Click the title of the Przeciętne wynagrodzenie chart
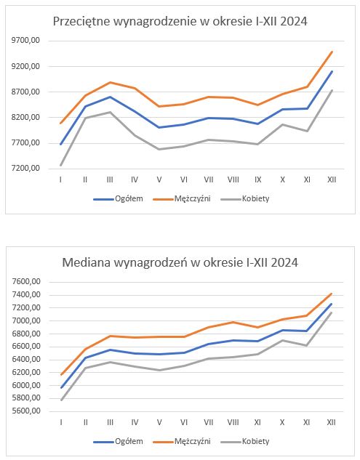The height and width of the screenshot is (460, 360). [180, 22]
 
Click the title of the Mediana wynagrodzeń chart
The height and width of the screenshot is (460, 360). [180, 262]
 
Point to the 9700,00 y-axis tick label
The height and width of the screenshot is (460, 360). [25, 41]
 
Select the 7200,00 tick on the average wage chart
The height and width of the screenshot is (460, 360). [25, 169]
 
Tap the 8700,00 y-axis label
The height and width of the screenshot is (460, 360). [25, 92]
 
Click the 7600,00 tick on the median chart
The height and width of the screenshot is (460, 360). [26, 282]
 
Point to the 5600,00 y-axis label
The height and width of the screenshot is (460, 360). [26, 411]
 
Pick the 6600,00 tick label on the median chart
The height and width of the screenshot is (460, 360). [26, 346]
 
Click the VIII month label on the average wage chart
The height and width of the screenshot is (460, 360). [233, 179]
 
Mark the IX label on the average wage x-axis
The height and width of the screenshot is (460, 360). [257, 179]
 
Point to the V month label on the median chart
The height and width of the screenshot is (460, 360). [159, 422]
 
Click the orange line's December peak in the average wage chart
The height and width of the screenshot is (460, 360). [332, 52]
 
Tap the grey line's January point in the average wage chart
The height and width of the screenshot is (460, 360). [60, 166]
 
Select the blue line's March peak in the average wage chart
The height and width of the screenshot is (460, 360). [110, 97]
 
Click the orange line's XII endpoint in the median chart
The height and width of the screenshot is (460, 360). [332, 294]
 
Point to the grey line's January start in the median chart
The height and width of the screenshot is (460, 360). [61, 400]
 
